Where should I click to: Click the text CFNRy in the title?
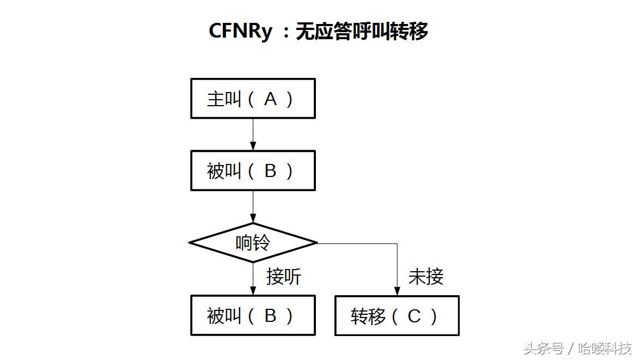pos(240,31)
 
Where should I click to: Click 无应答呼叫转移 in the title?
pos(362,32)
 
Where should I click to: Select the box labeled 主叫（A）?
pos(253,99)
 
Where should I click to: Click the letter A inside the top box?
pos(270,99)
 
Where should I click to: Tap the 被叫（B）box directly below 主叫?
pos(253,171)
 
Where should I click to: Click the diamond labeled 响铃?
pos(253,243)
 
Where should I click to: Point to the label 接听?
pos(284,277)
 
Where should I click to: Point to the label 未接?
pos(426,277)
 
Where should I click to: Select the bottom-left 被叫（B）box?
pos(253,315)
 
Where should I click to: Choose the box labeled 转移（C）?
pos(397,316)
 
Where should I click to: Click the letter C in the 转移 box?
pos(415,316)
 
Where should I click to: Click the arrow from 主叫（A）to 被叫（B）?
pos(253,134)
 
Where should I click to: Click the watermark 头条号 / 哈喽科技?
pos(577,348)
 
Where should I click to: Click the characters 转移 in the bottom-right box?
pos(368,316)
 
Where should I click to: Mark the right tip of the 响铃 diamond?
pos(316,243)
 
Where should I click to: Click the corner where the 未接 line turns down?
pos(397,243)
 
